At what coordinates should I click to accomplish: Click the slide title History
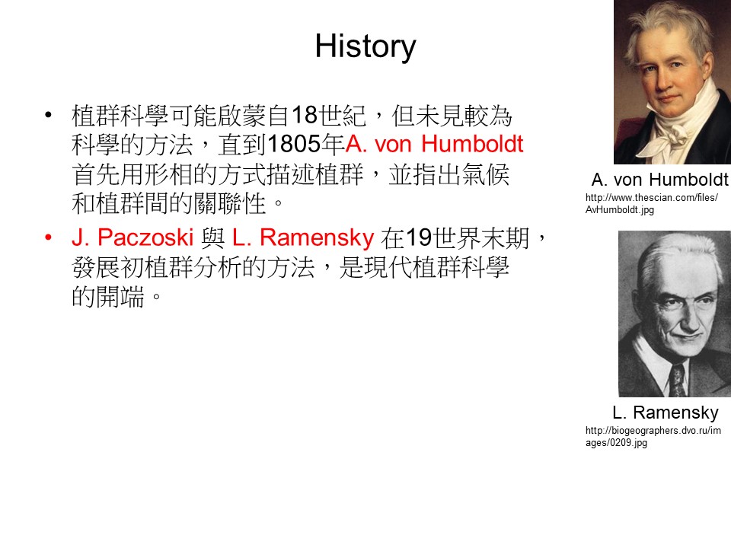click(365, 46)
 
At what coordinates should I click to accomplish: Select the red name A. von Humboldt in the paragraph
click(435, 144)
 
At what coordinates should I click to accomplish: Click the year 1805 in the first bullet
click(295, 144)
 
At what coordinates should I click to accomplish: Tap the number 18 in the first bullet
click(305, 115)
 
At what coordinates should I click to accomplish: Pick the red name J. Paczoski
click(132, 237)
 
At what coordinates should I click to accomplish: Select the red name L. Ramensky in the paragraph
click(303, 237)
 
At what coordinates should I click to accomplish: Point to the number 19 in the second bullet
click(419, 237)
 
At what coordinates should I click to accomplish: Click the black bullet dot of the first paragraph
click(48, 115)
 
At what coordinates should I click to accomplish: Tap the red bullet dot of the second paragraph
click(48, 237)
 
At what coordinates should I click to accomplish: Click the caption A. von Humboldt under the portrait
click(659, 180)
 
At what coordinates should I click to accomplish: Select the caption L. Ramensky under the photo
click(666, 413)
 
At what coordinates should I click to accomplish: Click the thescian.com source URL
click(652, 204)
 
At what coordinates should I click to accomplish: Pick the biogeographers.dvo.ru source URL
click(653, 437)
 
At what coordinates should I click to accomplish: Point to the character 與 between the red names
click(212, 238)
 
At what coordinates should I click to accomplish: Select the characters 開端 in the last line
click(120, 297)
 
